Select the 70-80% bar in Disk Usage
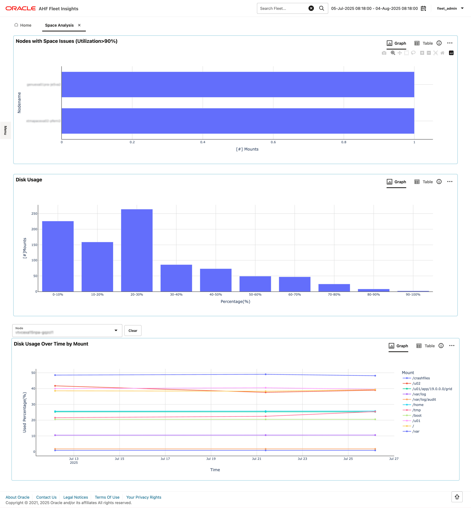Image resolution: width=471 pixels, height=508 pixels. (x=334, y=288)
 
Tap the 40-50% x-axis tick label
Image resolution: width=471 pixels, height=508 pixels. (x=216, y=295)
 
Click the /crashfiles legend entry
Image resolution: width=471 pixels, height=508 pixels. (x=421, y=378)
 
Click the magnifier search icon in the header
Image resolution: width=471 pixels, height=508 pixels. (x=322, y=8)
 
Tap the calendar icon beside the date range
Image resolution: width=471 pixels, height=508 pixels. (x=423, y=8)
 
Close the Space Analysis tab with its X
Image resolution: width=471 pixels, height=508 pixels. (x=79, y=25)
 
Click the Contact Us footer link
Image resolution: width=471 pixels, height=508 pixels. (x=46, y=497)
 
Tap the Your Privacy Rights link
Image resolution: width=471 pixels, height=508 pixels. (x=144, y=497)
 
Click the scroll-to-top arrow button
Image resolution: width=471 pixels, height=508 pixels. (x=457, y=497)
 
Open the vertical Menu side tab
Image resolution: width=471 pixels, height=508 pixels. (x=5, y=130)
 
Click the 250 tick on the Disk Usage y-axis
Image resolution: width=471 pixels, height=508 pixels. (x=34, y=213)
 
